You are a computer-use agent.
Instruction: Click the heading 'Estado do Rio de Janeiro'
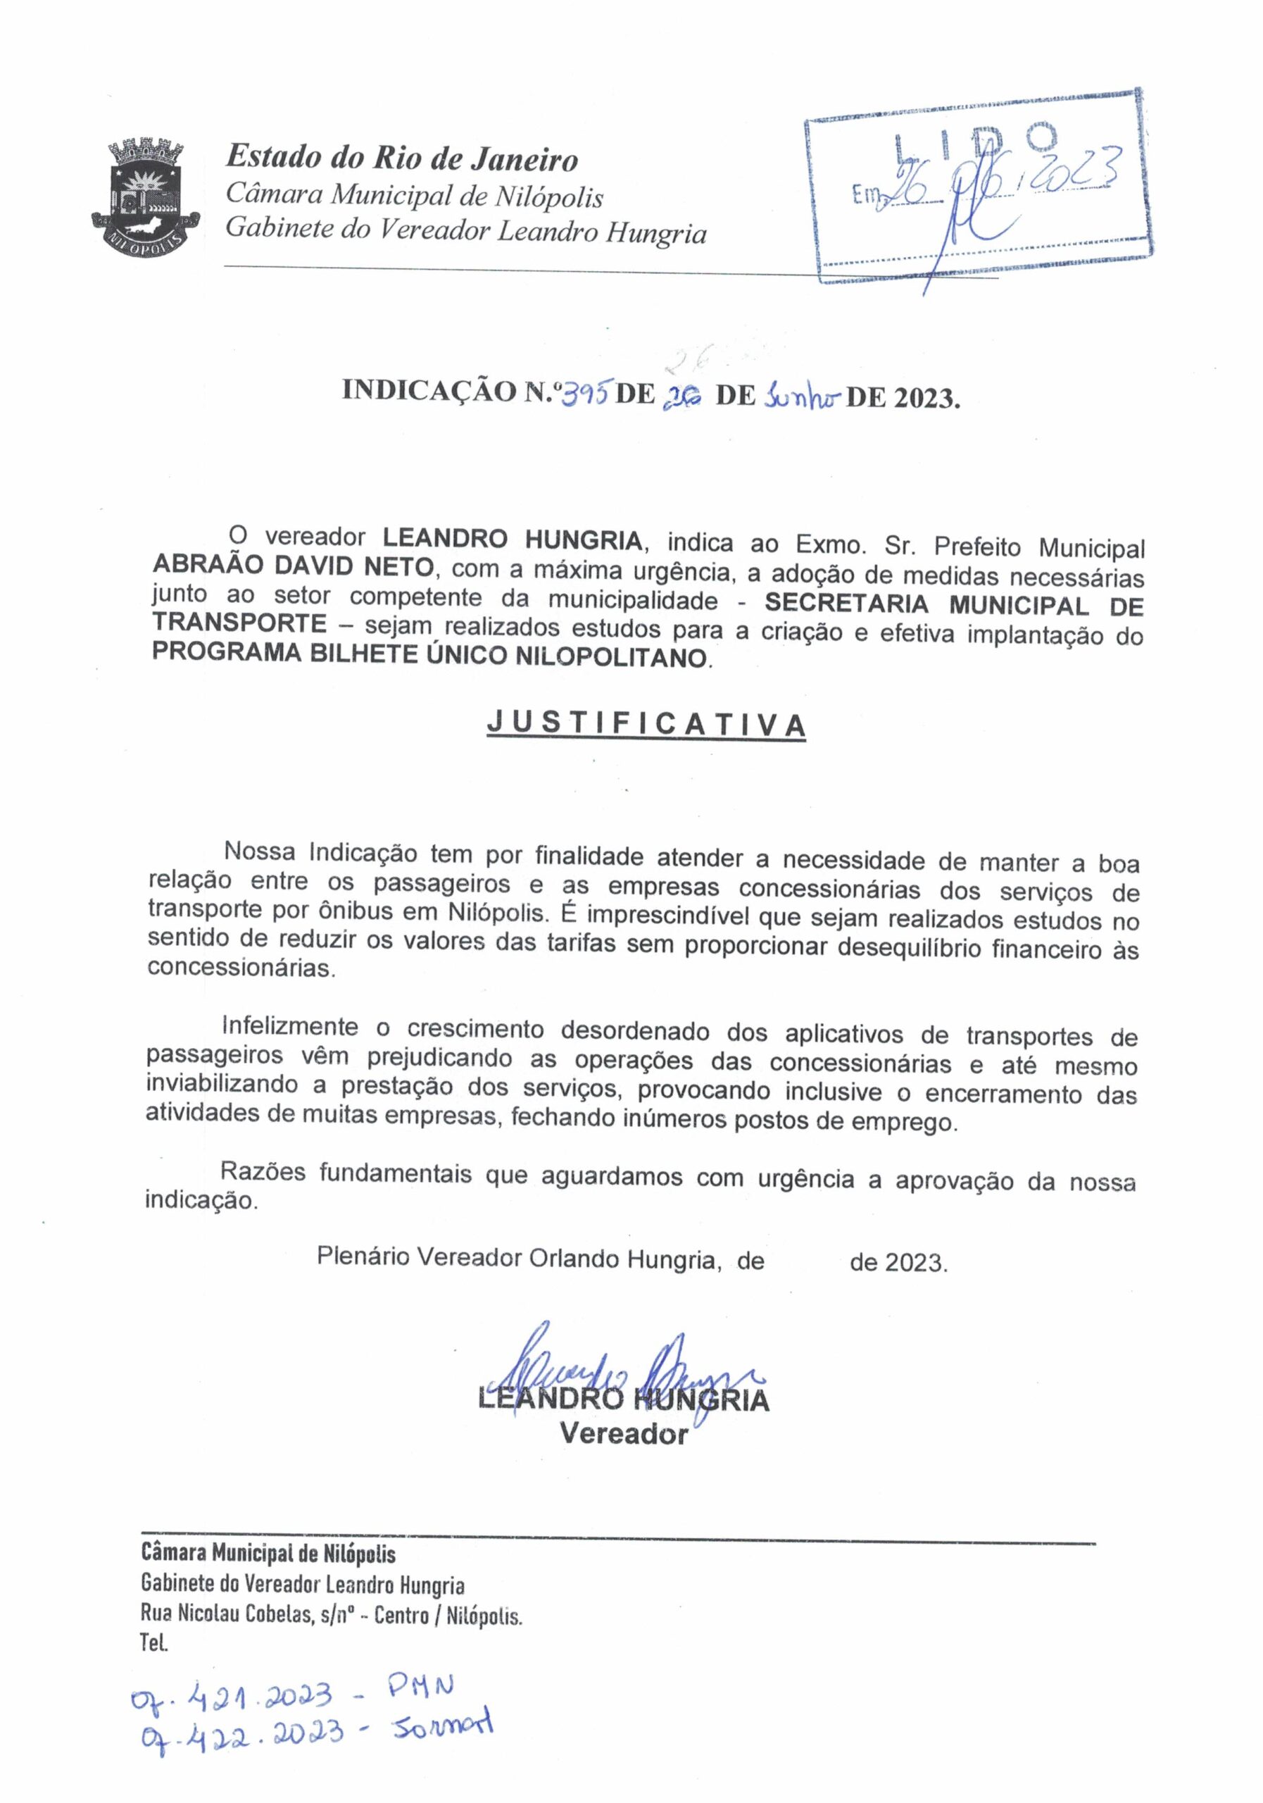coord(401,159)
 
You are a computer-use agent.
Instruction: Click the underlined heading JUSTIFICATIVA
coord(646,724)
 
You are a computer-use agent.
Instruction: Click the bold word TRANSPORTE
coord(239,623)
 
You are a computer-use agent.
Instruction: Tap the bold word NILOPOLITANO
coord(610,656)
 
